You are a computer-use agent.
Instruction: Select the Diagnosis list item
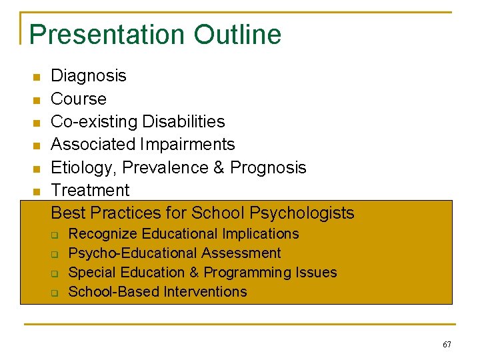[89, 76]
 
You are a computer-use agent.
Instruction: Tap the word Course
[79, 99]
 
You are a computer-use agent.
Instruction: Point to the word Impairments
[189, 144]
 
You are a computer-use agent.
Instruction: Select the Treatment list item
[90, 190]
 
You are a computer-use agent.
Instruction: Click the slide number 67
[446, 345]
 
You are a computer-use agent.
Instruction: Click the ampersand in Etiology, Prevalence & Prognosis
[219, 167]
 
